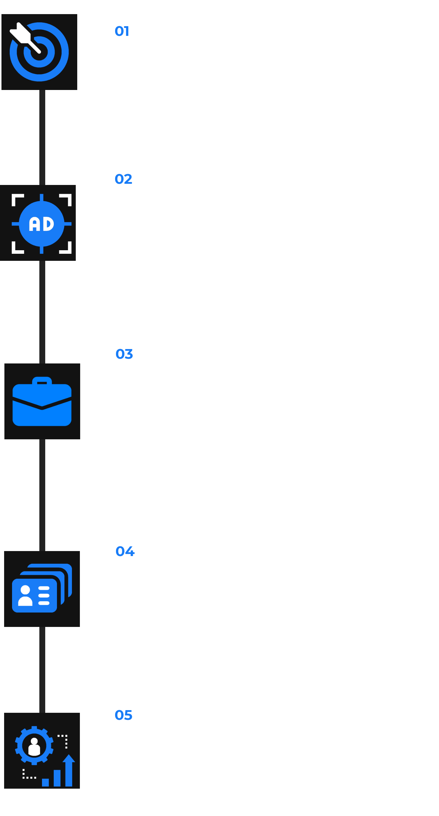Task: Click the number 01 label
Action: point(122,31)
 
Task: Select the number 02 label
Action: point(123,179)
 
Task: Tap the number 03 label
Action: point(124,354)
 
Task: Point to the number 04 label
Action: point(125,551)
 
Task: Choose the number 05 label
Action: point(123,715)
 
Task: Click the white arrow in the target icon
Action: point(24,37)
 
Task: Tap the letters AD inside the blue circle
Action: point(41,224)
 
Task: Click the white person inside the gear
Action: point(34,747)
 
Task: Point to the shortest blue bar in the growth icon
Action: point(45,782)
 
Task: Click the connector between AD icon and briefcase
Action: point(42,312)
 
